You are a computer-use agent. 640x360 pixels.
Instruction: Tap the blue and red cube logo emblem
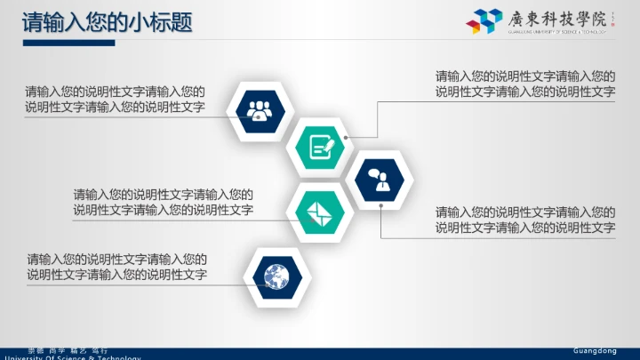pos(484,20)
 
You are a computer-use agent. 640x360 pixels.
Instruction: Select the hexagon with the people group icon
pos(260,110)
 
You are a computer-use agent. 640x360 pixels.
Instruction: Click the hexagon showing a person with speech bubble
pos(380,179)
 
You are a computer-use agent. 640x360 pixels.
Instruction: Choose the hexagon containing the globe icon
pos(277,276)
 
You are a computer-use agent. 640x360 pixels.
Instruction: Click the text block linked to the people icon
pos(116,100)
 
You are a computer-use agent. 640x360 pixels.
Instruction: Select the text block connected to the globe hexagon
pos(117,268)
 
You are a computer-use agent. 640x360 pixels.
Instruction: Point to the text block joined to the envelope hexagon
pos(164,203)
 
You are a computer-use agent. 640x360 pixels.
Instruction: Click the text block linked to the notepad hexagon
pos(525,84)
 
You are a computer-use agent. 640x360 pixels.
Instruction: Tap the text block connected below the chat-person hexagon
pos(525,220)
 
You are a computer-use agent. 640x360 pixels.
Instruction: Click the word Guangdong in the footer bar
pos(595,351)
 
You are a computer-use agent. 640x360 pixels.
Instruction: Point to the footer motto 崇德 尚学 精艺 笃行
pos(68,351)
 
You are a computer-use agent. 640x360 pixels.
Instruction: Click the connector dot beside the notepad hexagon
pos(347,137)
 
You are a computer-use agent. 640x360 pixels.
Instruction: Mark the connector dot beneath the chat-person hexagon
pos(380,206)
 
